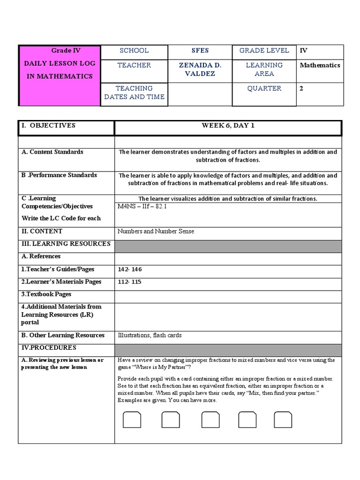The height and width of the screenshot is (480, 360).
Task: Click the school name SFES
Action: (200, 51)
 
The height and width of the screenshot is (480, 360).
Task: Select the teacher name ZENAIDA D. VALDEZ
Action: (200, 69)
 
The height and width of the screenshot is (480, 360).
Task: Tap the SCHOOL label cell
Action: (134, 51)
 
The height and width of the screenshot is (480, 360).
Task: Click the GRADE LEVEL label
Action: (264, 51)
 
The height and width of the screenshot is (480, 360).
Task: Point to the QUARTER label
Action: (264, 88)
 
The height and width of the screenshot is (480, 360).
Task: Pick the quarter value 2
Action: (302, 88)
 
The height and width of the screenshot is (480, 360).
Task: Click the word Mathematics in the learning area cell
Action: (320, 65)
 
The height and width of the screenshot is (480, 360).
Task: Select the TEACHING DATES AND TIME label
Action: (134, 92)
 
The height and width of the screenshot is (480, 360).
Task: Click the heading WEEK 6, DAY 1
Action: (228, 126)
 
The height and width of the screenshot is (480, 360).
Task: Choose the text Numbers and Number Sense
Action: (156, 231)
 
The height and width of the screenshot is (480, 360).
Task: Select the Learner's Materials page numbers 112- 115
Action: (129, 282)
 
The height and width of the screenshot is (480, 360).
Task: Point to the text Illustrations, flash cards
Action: (150, 335)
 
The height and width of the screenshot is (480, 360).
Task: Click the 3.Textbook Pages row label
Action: (46, 294)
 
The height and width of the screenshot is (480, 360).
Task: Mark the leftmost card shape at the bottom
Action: (132, 420)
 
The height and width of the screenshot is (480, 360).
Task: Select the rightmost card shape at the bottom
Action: (283, 420)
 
